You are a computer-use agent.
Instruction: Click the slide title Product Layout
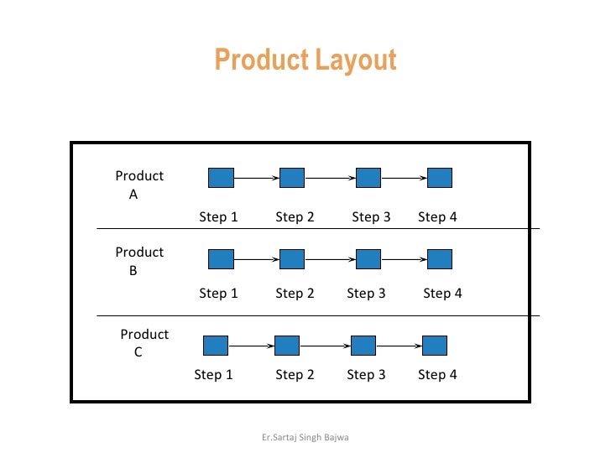tap(305, 60)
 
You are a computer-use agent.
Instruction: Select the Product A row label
tap(138, 185)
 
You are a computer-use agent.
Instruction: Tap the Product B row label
tap(138, 261)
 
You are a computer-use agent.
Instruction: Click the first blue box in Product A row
tap(221, 178)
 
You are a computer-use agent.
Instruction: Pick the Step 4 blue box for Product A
tap(440, 178)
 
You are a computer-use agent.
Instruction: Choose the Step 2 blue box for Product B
tap(291, 259)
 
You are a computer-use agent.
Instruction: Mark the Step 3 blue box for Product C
tap(363, 345)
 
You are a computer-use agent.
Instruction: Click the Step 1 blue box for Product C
tap(216, 345)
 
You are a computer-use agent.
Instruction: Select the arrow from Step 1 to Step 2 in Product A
tap(256, 178)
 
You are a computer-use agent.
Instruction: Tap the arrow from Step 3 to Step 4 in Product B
tap(404, 259)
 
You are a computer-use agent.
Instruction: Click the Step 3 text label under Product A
tap(371, 217)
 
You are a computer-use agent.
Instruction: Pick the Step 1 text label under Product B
tap(218, 294)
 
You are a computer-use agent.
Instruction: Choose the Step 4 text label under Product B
tap(442, 294)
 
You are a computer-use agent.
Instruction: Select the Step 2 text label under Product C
tap(295, 375)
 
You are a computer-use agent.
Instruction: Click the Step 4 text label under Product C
tap(437, 375)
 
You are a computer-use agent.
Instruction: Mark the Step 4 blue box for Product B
tap(440, 259)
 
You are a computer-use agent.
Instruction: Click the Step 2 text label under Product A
tap(295, 217)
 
